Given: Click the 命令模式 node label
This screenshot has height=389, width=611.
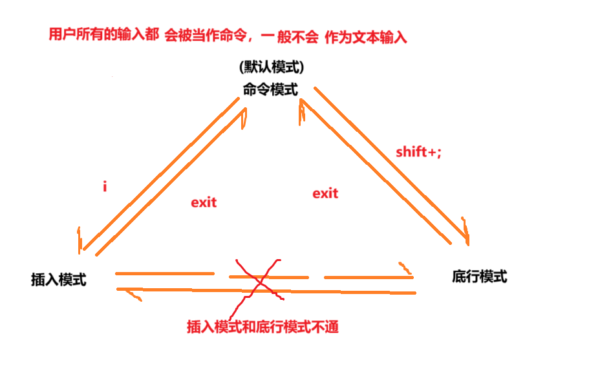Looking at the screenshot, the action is point(270,90).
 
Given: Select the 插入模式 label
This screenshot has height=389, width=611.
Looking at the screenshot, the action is point(58,280).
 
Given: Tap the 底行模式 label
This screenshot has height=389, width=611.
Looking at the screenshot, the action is point(479,277).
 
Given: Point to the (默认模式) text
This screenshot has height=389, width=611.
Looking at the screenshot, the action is point(271,67).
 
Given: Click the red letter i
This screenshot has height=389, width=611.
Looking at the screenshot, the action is point(105,187).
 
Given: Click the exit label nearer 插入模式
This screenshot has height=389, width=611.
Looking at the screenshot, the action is point(204,202).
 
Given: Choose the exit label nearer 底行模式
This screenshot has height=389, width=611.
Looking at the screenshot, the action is point(325,193).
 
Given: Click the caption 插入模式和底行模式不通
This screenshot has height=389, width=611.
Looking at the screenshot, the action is point(262,327).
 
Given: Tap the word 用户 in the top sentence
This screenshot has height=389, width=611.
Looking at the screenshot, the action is point(61,35).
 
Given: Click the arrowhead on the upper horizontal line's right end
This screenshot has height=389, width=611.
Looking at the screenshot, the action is point(405,268).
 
